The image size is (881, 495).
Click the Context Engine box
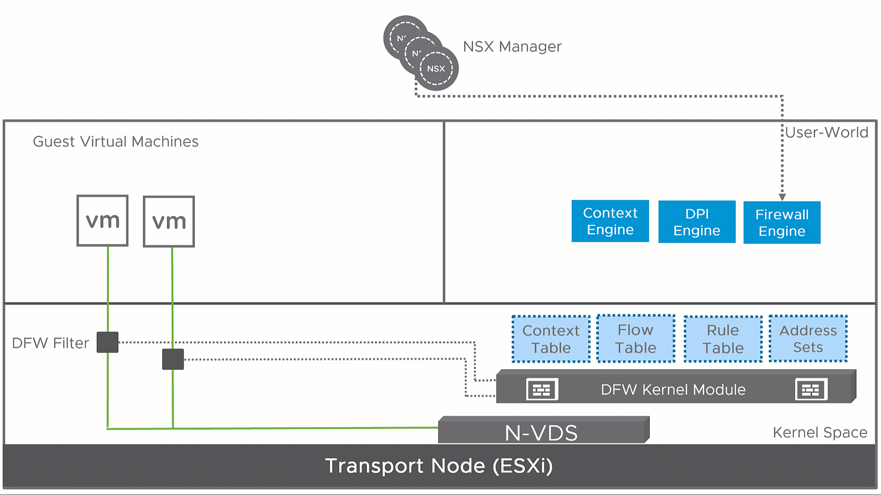pyautogui.click(x=610, y=221)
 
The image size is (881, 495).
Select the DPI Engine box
pyautogui.click(x=697, y=222)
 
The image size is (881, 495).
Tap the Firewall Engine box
pyautogui.click(x=781, y=223)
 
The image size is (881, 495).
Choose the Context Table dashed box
pyautogui.click(x=551, y=339)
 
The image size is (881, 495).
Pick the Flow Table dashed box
pyautogui.click(x=635, y=338)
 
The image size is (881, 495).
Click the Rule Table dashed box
pyautogui.click(x=723, y=339)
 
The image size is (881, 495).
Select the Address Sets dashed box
pyautogui.click(x=808, y=338)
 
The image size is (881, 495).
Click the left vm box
pyautogui.click(x=102, y=221)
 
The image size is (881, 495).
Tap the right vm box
pyautogui.click(x=169, y=222)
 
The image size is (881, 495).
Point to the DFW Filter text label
pyautogui.click(x=50, y=343)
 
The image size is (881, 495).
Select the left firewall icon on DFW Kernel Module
pyautogui.click(x=542, y=389)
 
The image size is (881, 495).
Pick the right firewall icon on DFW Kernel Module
pyautogui.click(x=811, y=389)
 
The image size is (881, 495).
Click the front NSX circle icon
pyautogui.click(x=436, y=69)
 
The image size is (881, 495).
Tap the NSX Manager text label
pyautogui.click(x=512, y=47)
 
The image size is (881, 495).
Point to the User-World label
pyautogui.click(x=826, y=132)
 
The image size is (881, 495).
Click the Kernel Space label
pyautogui.click(x=820, y=432)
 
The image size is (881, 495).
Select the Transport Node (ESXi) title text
pyautogui.click(x=439, y=466)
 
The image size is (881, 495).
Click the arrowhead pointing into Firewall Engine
pyautogui.click(x=782, y=197)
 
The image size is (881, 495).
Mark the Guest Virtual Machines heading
pyautogui.click(x=116, y=141)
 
